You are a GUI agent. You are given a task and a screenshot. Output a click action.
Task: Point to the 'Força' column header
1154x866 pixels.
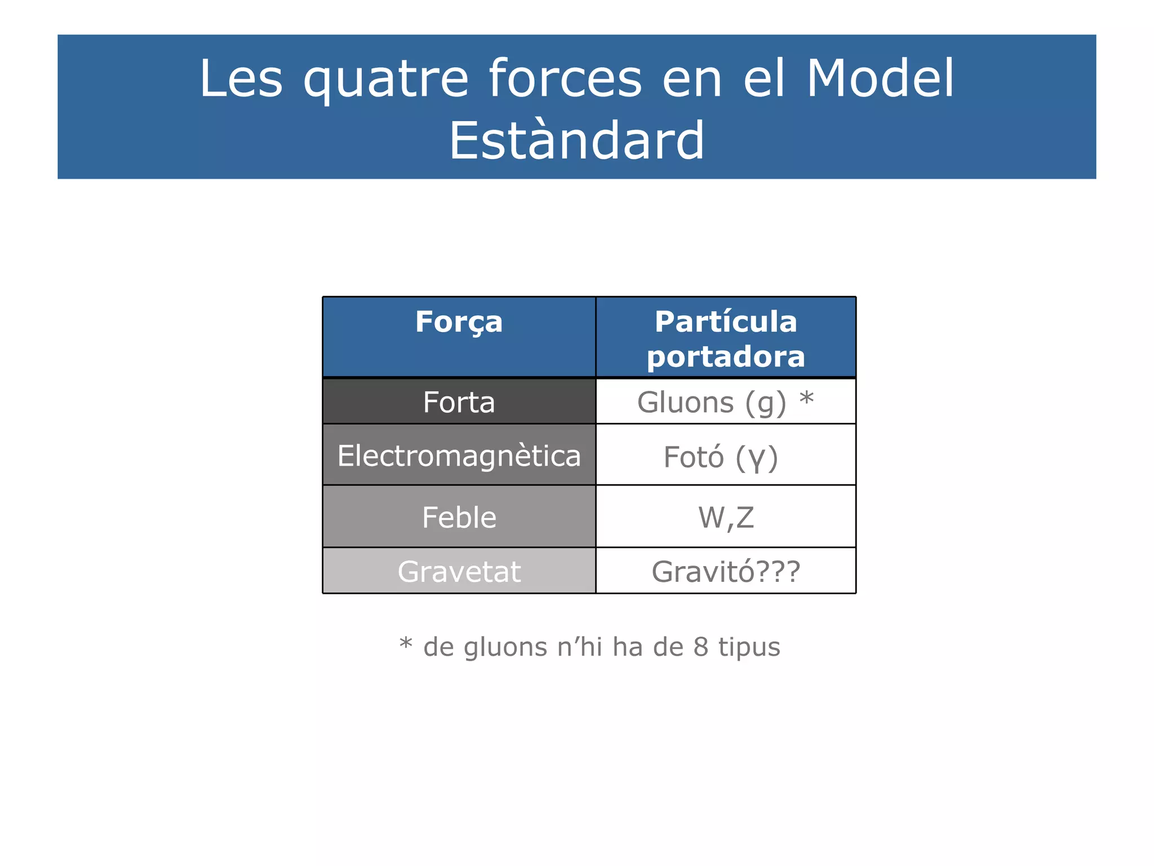click(x=459, y=322)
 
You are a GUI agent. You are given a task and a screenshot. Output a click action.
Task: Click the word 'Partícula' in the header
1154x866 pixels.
click(x=726, y=322)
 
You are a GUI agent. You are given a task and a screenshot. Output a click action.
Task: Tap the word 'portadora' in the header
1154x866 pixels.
click(x=726, y=357)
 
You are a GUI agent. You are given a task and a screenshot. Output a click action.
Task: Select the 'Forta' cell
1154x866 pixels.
click(x=459, y=402)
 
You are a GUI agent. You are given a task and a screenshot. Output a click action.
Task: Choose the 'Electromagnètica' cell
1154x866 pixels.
click(x=459, y=456)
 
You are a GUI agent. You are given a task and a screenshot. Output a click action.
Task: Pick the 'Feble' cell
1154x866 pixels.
click(x=459, y=517)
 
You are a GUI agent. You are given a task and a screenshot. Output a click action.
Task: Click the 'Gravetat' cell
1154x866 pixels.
click(x=459, y=571)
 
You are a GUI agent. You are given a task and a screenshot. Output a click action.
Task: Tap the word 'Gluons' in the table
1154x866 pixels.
click(x=685, y=403)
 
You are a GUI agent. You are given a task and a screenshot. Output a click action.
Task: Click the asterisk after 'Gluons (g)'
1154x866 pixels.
click(x=806, y=399)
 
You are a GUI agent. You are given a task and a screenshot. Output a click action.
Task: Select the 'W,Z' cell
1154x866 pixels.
click(x=726, y=518)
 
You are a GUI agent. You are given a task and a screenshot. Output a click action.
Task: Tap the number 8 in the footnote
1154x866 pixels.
click(x=700, y=647)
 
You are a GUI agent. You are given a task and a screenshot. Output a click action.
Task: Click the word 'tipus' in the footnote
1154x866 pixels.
click(x=749, y=647)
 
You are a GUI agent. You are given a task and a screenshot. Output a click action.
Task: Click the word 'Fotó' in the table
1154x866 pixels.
click(x=693, y=457)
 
